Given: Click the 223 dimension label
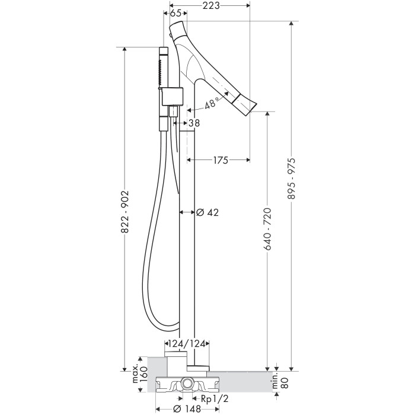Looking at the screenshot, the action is (x=211, y=5).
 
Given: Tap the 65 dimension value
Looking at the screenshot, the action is (x=175, y=13).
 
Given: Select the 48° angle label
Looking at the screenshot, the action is (x=212, y=103).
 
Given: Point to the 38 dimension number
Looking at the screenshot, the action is (x=194, y=123).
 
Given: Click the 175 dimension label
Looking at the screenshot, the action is (x=220, y=160).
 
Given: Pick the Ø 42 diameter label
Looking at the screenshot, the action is (x=207, y=212).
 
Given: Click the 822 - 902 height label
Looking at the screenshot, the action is (x=124, y=212).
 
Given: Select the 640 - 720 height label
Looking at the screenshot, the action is (x=267, y=229).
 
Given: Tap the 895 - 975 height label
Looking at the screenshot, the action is (x=292, y=178).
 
